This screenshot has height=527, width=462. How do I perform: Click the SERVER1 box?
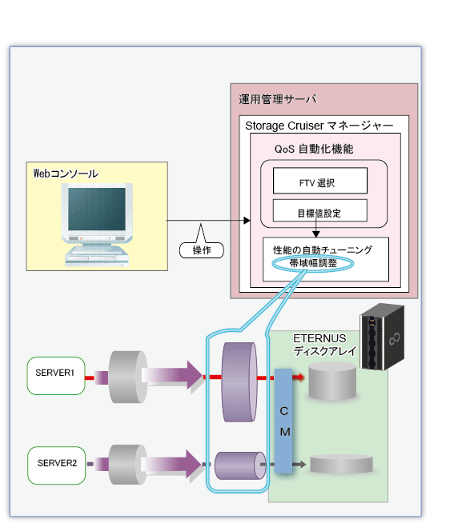point(56,375)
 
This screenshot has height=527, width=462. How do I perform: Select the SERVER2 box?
point(57,465)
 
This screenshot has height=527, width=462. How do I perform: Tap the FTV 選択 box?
point(320,181)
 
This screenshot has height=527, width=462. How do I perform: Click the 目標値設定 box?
point(320,210)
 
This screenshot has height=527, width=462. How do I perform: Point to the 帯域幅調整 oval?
point(313,263)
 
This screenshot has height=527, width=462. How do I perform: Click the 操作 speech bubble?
point(202,250)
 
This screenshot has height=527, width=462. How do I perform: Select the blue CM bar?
point(283,421)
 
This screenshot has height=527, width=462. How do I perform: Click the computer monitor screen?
point(97,209)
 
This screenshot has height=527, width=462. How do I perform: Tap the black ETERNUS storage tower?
point(382,337)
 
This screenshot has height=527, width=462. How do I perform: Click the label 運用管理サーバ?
point(278,99)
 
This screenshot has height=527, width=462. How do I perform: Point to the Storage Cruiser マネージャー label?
point(319,126)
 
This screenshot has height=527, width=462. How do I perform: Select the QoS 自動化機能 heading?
point(314,149)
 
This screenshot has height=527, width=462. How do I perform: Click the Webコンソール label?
point(66,174)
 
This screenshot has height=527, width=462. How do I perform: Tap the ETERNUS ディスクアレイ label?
point(324,345)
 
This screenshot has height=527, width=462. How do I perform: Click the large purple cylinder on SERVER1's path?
point(239,381)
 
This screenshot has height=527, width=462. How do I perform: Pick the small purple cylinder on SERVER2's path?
point(240,465)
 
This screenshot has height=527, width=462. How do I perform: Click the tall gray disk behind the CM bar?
point(332,381)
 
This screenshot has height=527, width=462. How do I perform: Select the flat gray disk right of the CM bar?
point(341,464)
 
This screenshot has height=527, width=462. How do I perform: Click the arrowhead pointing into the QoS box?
point(247,221)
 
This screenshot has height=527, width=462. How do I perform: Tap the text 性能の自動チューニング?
point(323,250)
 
